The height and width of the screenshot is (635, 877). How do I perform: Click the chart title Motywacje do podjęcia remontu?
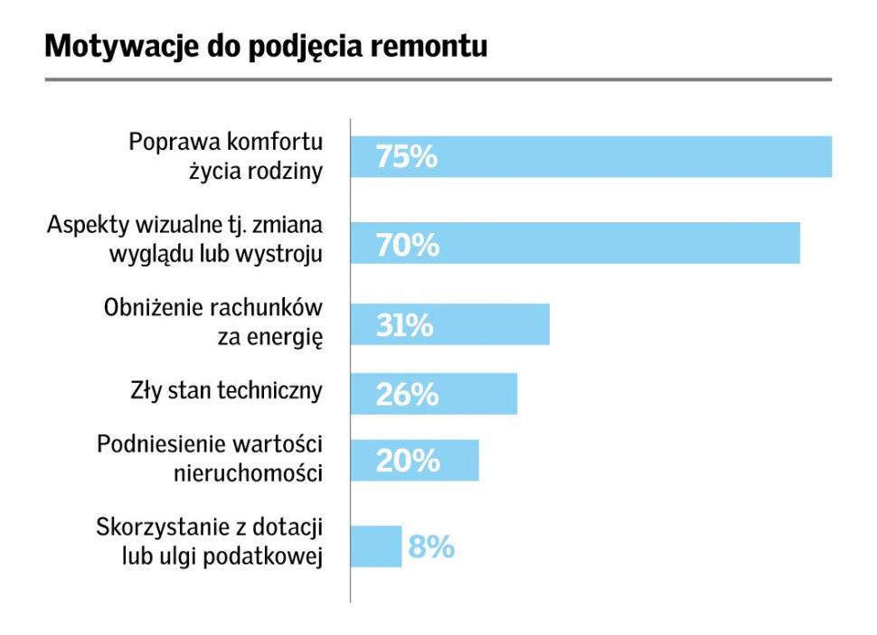coord(266,46)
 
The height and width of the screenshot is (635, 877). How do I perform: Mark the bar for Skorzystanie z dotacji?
coord(376,546)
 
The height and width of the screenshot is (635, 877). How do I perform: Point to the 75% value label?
coord(407,157)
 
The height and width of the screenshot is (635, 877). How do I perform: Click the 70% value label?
coord(408,244)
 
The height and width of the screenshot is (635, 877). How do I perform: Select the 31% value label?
coord(405,325)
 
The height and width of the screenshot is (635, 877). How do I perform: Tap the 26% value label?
coord(407,395)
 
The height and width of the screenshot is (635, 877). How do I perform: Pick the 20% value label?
coord(408,462)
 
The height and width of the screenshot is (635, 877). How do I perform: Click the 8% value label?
coord(431,547)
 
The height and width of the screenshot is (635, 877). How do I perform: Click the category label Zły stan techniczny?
coord(226,391)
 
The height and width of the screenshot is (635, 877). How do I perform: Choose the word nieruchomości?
coord(248,472)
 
